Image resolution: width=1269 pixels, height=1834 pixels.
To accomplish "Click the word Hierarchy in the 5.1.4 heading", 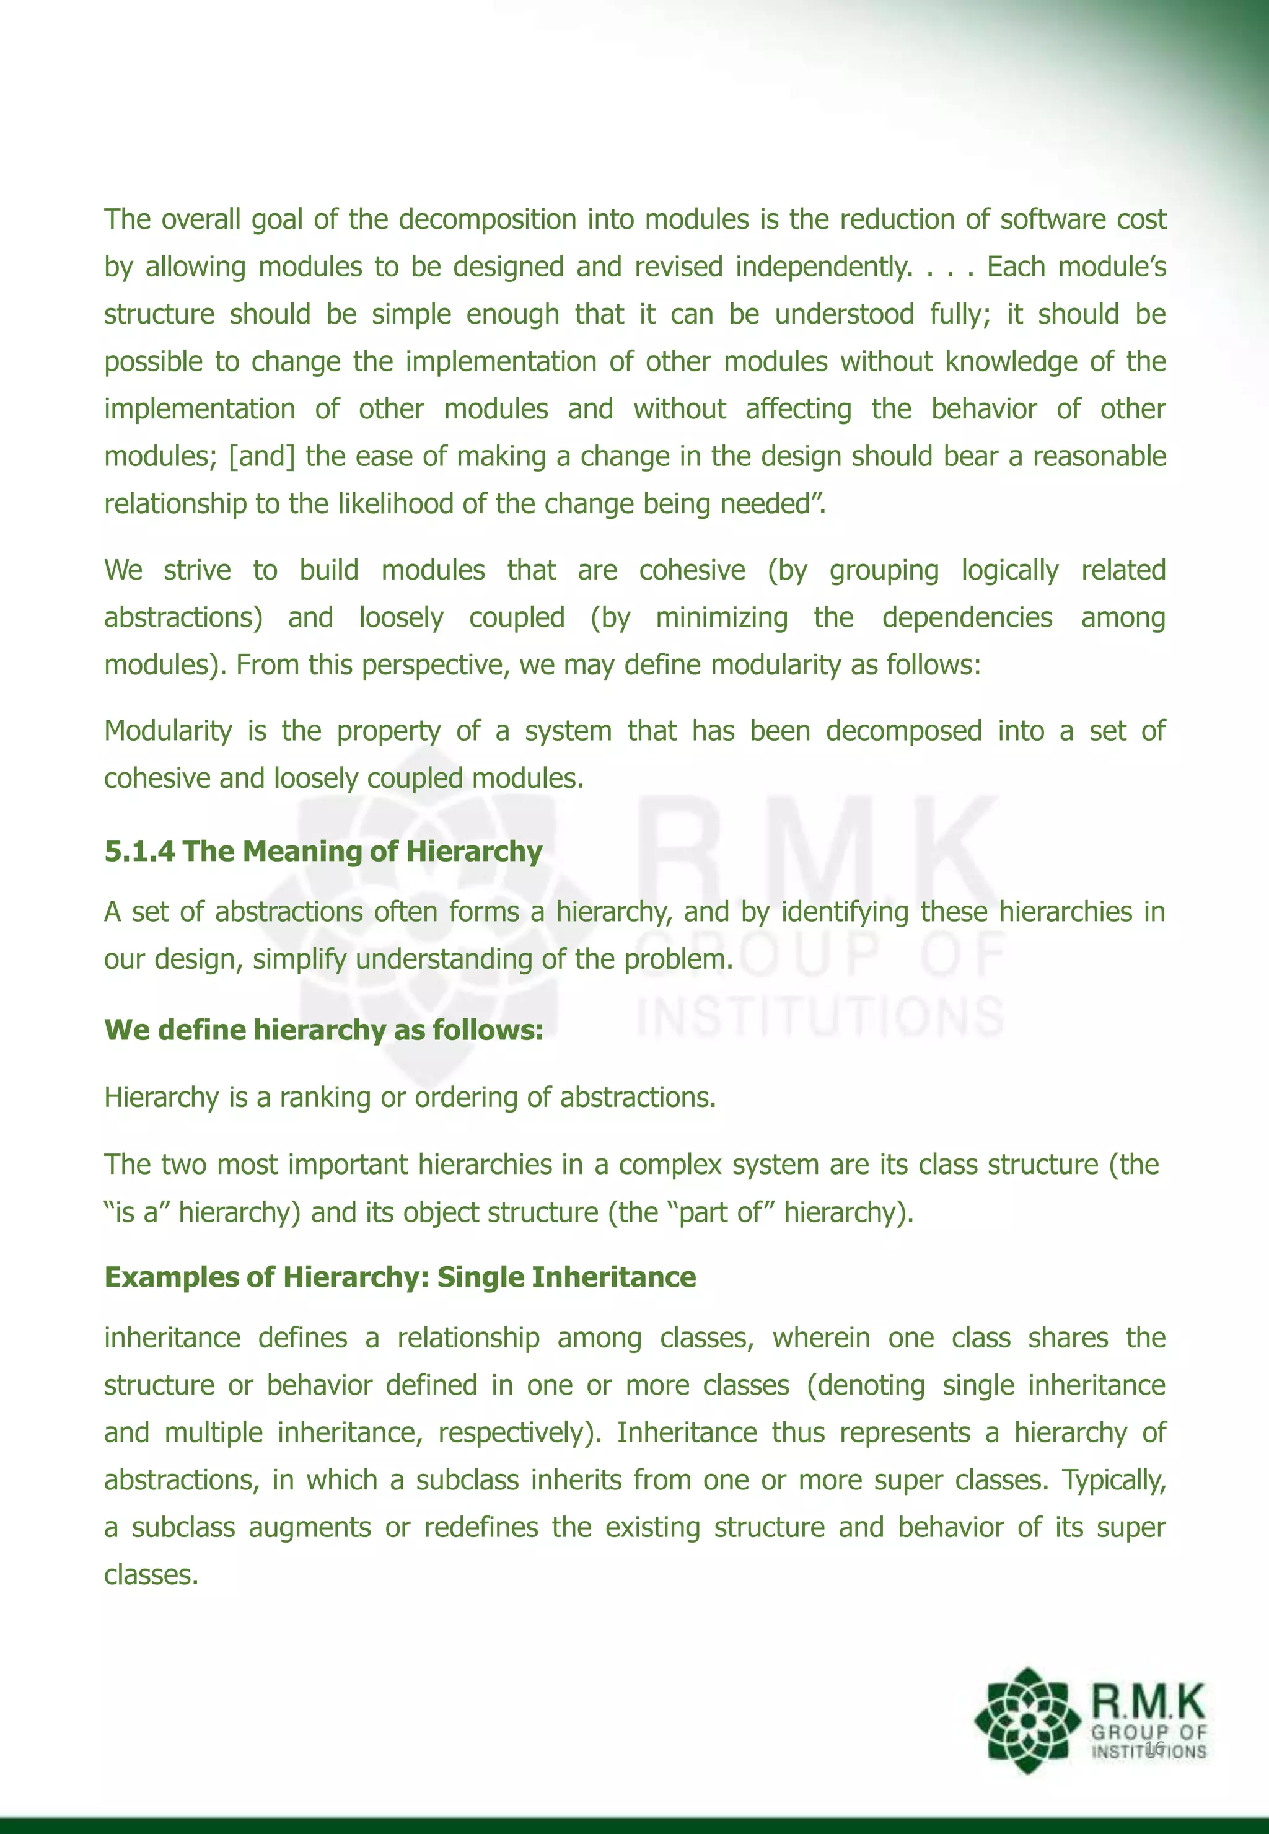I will [x=474, y=852].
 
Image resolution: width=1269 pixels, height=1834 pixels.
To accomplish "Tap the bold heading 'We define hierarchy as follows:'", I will [x=323, y=1030].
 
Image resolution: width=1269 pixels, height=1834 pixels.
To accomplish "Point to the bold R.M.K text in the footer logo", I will [x=1148, y=1701].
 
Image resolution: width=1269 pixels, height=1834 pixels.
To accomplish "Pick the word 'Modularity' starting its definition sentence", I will [x=168, y=731].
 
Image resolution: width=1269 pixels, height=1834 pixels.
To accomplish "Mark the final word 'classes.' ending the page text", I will [x=151, y=1575].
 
